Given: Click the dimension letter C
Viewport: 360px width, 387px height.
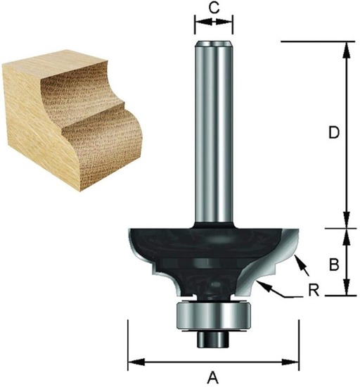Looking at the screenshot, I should (214, 10).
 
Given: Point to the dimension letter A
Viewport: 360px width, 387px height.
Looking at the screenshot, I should (214, 378).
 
